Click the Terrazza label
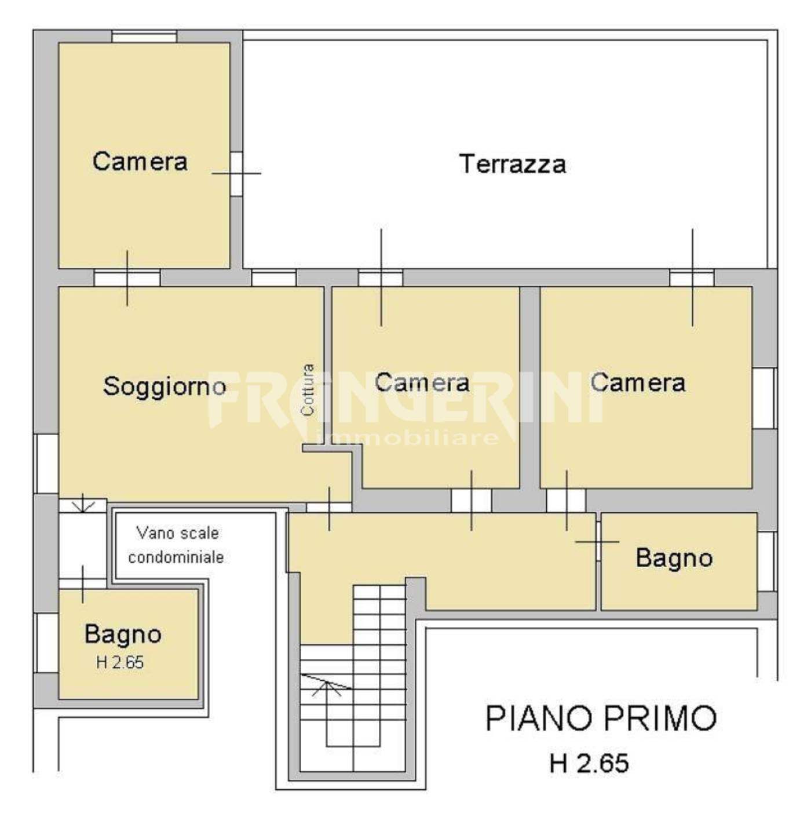point(513,164)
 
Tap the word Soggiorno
point(165,386)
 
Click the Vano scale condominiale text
point(176,545)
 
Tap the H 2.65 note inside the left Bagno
point(120,662)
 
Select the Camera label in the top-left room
point(140,162)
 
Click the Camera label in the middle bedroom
point(422,382)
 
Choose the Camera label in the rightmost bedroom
point(638,382)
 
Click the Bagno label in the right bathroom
point(674,558)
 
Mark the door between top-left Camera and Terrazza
point(236,173)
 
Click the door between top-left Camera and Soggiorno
point(127,278)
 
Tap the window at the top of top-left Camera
point(144,37)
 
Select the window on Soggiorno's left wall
point(46,464)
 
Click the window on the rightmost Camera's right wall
point(764,398)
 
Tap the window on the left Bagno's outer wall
point(46,643)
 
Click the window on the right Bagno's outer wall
point(766,561)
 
